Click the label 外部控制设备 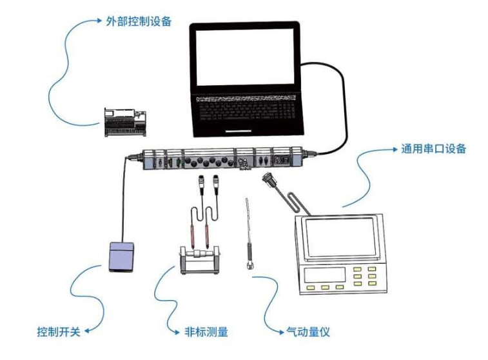[139, 21]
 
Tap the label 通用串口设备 [433, 148]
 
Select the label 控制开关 [59, 332]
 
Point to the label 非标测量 [206, 332]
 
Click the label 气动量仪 [307, 332]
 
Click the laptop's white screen [245, 57]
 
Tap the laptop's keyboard [246, 108]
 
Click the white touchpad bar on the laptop [238, 131]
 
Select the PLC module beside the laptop [125, 122]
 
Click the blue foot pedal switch [121, 257]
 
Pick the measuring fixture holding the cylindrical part [200, 260]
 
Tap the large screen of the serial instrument [340, 237]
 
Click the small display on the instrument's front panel [325, 275]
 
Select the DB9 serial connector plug [268, 179]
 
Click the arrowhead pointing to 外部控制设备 [99, 21]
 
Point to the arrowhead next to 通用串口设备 [395, 150]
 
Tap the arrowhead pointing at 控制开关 [88, 331]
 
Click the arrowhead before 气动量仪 [281, 332]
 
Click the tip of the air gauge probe [246, 199]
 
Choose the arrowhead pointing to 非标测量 [177, 332]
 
